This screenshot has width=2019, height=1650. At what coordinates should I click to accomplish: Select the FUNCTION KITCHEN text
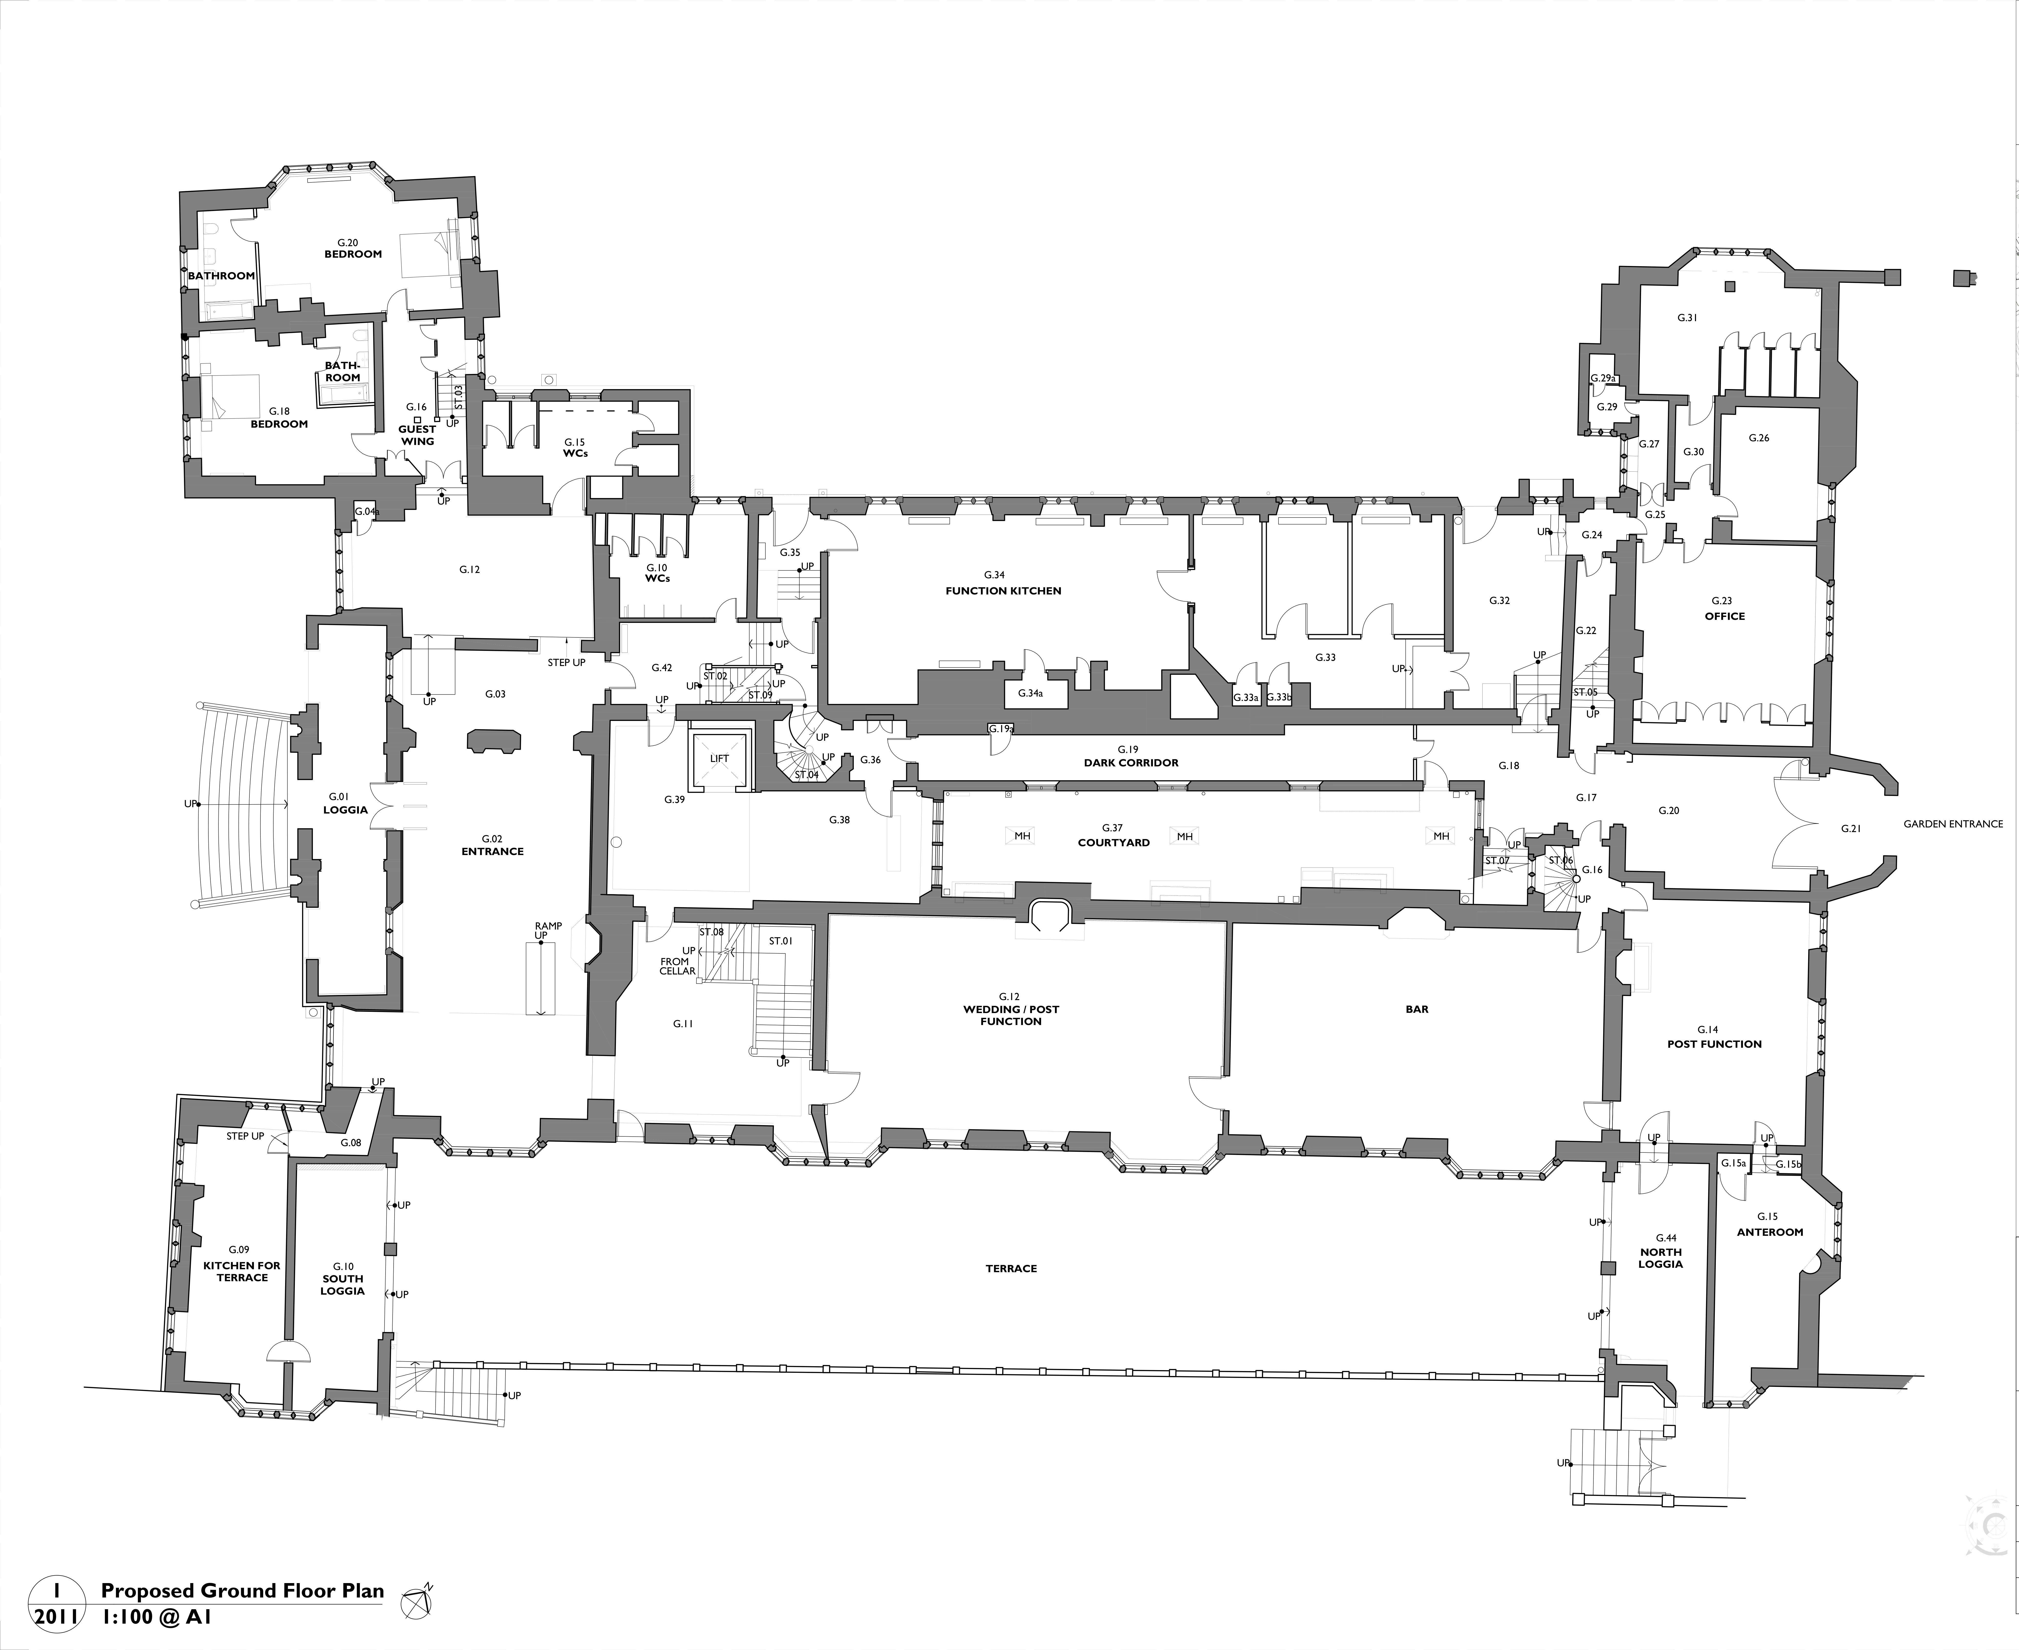(x=1003, y=590)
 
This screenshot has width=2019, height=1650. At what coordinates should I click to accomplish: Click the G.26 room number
(x=1759, y=438)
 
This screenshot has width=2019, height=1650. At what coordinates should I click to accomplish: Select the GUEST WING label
(x=417, y=435)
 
